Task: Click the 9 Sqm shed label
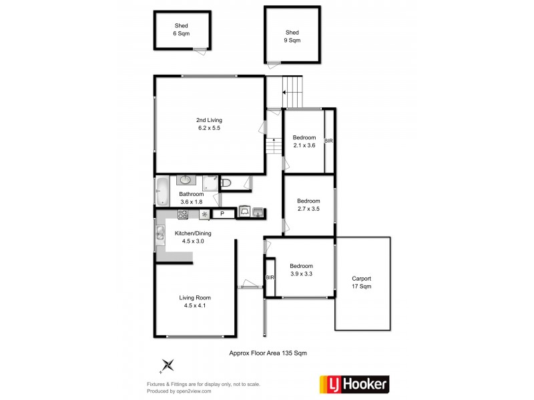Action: (292, 36)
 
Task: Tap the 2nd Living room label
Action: (209, 123)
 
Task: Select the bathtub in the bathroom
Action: (163, 191)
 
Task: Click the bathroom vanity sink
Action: (185, 179)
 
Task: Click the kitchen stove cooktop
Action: (182, 214)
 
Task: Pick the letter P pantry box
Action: (222, 214)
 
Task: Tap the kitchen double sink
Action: (160, 233)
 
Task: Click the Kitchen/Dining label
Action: (193, 237)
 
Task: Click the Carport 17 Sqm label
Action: (362, 282)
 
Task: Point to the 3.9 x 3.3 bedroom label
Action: (302, 269)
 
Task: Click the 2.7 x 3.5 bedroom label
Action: (308, 205)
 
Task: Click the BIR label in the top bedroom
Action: (328, 141)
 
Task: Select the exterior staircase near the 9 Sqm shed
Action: (292, 85)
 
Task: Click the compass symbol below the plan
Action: (168, 365)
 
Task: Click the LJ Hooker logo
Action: (352, 383)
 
